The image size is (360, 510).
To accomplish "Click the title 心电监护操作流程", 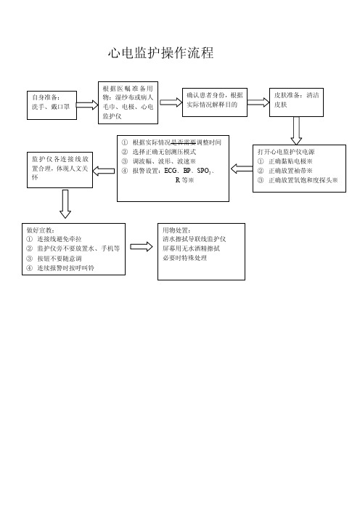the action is pos(161,53).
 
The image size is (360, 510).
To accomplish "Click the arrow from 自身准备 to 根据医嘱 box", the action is pos(87,105).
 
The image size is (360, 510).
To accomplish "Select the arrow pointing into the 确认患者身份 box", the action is pos(171,102).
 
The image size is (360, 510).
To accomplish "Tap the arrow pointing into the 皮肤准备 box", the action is pos(258,102).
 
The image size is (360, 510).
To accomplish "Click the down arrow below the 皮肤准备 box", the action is pos(296,131).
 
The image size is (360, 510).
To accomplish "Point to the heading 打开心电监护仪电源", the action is pos(286,152).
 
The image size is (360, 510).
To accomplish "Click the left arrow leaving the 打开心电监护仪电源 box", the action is pos(242,169).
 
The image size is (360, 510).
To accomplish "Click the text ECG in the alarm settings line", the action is pos(171,171).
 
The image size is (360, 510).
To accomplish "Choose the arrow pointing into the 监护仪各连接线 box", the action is pos(104,171).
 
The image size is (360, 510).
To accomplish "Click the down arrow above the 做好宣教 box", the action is pos(65,204).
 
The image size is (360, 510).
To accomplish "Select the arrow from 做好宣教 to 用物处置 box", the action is pos(142,246).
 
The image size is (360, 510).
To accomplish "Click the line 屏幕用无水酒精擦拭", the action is pos(192,248).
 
